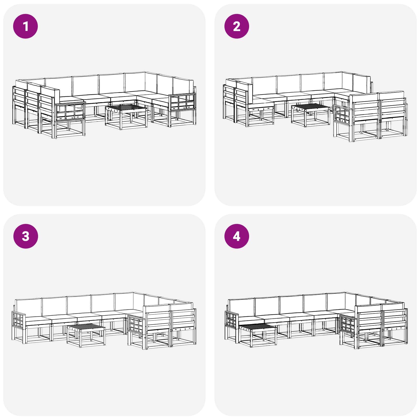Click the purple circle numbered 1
[x=25, y=26]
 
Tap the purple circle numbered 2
[x=237, y=26]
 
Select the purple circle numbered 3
[x=25, y=236]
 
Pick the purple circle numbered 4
[x=237, y=236]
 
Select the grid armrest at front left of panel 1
[x=70, y=112]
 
